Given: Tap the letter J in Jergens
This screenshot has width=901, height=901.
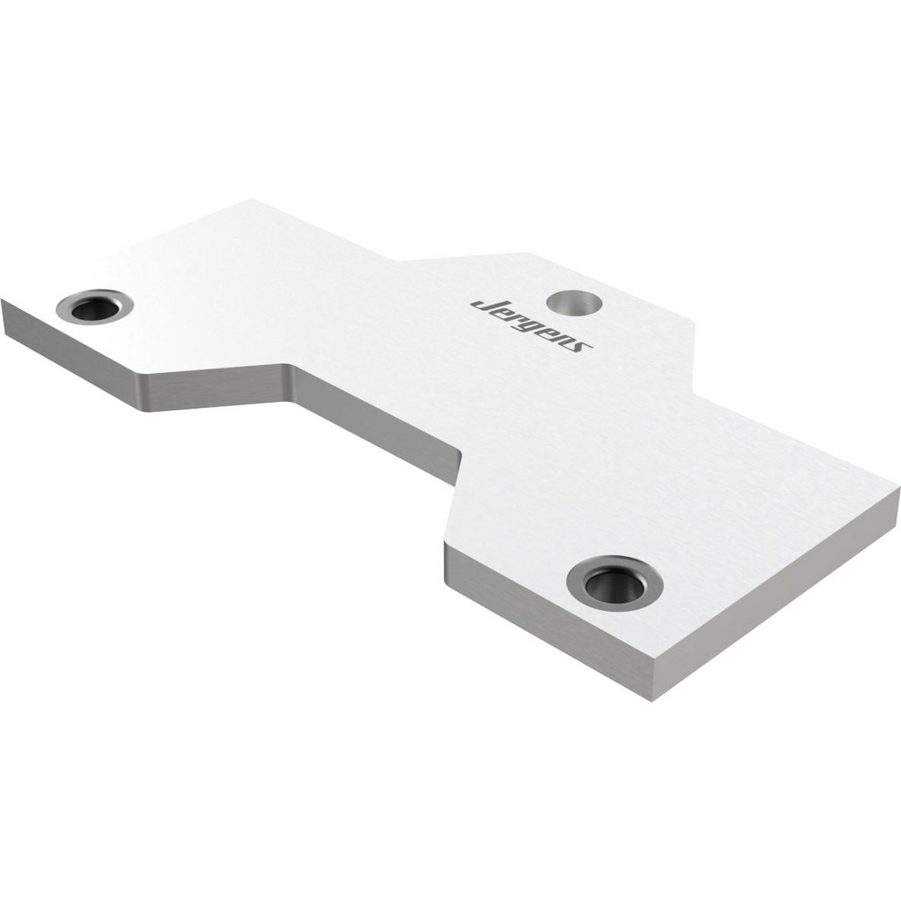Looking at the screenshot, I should pos(484,304).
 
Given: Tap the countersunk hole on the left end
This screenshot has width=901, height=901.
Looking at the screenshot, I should pos(95,306).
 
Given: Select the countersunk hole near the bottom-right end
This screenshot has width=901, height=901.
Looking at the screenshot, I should pos(615,583).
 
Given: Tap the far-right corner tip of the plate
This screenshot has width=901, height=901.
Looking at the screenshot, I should pos(898,491).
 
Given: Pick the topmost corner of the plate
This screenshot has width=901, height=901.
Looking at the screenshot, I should pos(252,200).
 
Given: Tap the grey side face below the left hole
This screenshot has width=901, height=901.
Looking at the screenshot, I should pos(81,356).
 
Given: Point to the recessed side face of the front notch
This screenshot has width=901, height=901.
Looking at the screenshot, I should pos(378,423).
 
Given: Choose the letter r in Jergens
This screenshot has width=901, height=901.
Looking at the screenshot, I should pos(514,317).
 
